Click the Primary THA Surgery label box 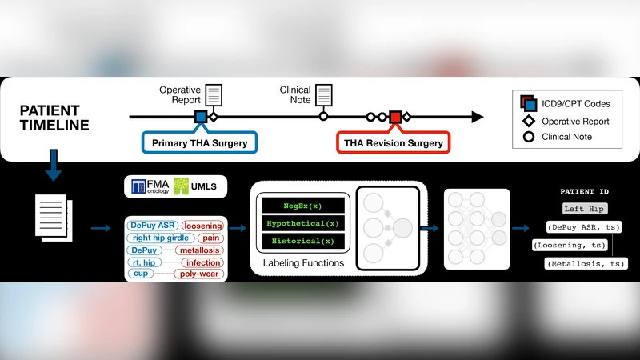199,143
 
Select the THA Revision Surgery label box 393,143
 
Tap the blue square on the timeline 200,118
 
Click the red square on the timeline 394,118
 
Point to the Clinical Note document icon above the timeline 324,95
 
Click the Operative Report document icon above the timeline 214,95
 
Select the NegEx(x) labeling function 303,206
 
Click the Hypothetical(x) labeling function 303,223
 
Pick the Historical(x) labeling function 303,241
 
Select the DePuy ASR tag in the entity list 152,226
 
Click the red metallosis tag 200,250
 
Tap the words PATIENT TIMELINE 54,118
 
